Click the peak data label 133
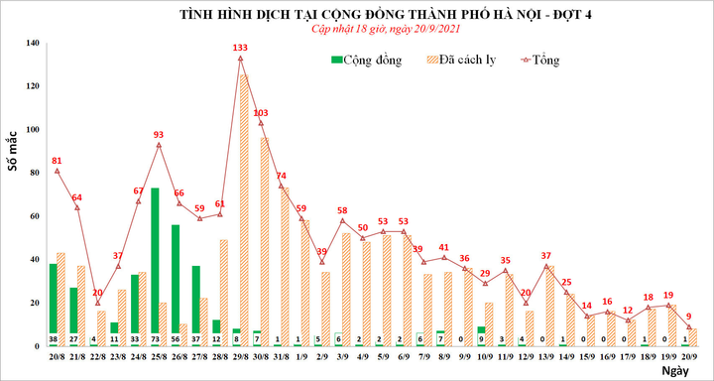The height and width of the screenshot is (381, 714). point(241,47)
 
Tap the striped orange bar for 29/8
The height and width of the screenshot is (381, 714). point(244,208)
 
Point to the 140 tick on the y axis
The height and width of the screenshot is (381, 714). point(34,44)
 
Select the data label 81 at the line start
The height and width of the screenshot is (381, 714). point(57,160)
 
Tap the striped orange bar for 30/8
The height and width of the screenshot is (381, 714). point(265,238)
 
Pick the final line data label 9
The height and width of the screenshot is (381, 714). point(689,316)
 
